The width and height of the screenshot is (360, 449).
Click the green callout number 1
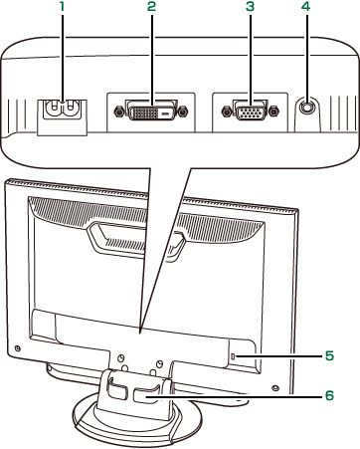pyautogui.click(x=62, y=7)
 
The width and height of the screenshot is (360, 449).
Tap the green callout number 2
pyautogui.click(x=151, y=7)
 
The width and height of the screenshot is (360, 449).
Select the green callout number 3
pyautogui.click(x=250, y=7)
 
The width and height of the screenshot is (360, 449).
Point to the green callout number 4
pyautogui.click(x=306, y=7)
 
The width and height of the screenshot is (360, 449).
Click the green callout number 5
pyautogui.click(x=329, y=356)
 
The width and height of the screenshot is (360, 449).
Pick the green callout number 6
pyautogui.click(x=329, y=395)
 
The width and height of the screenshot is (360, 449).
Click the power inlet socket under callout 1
pyautogui.click(x=62, y=109)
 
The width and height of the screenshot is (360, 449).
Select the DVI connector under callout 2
pyautogui.click(x=150, y=112)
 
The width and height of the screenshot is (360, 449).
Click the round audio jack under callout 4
pyautogui.click(x=307, y=107)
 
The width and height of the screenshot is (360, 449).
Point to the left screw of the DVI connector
pyautogui.click(x=118, y=112)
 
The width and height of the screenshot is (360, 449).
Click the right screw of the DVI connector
pyautogui.click(x=183, y=112)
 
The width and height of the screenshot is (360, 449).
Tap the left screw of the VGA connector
pyautogui.click(x=227, y=112)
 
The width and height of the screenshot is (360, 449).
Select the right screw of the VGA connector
pyautogui.click(x=273, y=112)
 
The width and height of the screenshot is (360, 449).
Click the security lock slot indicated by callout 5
pyautogui.click(x=233, y=356)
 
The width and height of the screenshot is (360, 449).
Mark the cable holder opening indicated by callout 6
pyautogui.click(x=144, y=396)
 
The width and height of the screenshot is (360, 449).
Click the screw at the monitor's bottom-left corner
pyautogui.click(x=18, y=348)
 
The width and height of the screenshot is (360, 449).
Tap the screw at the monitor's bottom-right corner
pyautogui.click(x=273, y=387)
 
